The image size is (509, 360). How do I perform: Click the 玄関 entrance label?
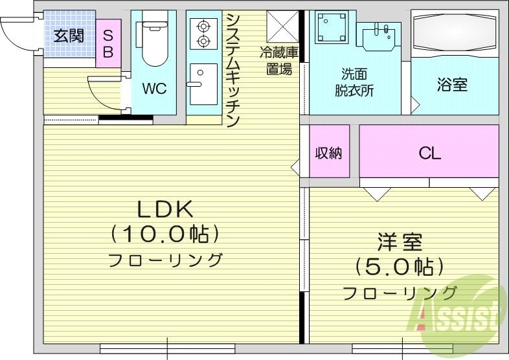68,36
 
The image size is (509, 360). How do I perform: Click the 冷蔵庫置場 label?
279,60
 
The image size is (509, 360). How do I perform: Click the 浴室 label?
452,85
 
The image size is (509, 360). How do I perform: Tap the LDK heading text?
164,209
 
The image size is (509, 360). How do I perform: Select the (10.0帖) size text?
164,234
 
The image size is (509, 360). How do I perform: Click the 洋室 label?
400,243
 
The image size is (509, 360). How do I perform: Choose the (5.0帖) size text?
400,266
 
